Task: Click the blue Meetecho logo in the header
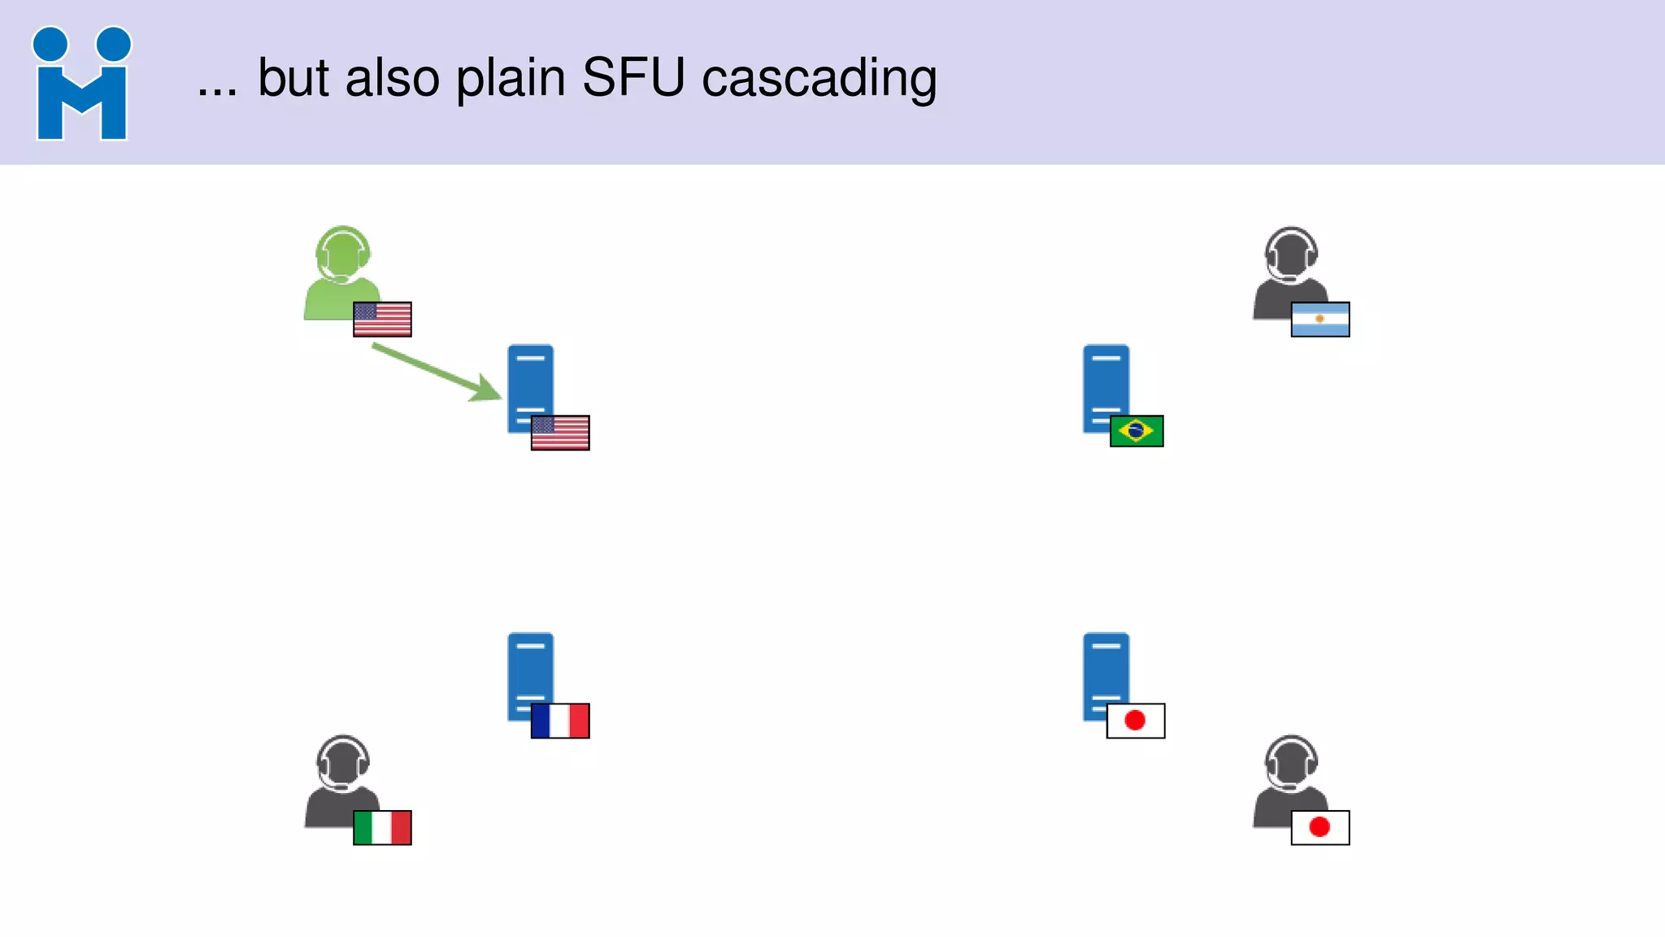point(81,84)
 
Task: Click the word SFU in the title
point(633,78)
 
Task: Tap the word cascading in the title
point(819,80)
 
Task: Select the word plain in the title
point(511,80)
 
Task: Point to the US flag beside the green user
point(382,319)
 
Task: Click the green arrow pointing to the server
point(436,372)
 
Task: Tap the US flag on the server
point(560,433)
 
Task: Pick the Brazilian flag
point(1137,431)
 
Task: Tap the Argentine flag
point(1320,319)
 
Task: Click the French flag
point(560,721)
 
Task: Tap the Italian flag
point(382,827)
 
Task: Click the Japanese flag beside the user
point(1320,827)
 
